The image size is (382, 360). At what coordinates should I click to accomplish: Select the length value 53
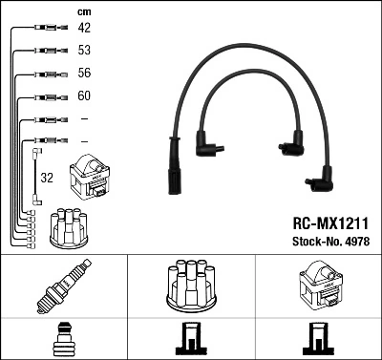coord(85,51)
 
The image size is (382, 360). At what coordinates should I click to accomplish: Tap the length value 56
coord(85,73)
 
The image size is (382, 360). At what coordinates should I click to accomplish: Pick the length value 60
coord(85,95)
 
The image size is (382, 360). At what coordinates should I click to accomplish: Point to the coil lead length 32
coord(47,177)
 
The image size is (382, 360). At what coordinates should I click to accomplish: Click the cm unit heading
coord(84,11)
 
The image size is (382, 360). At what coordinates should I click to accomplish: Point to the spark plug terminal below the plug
coord(64,340)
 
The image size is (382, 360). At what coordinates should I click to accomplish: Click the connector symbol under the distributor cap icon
coord(191,340)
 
